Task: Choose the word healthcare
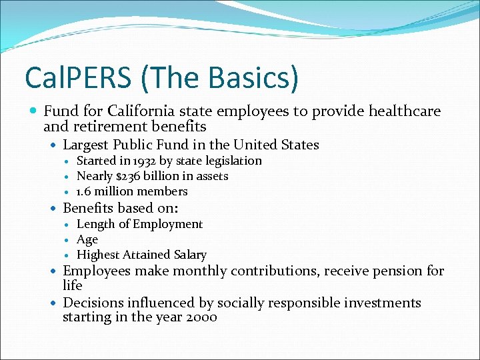393,111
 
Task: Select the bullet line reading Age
87,239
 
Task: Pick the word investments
383,303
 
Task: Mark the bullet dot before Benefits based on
54,209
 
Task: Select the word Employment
167,224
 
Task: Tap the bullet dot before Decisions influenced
54,303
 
